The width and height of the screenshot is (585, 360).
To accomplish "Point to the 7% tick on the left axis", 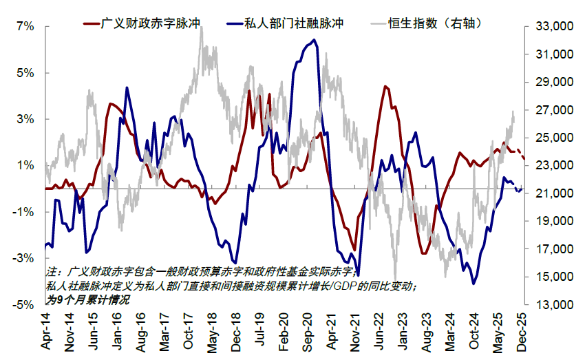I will [x=24, y=26].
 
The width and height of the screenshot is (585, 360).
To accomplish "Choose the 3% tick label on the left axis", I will [x=24, y=119].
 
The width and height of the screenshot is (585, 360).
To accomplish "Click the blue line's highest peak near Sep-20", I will [x=314, y=40].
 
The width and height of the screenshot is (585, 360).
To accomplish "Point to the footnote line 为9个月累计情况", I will [x=87, y=299].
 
